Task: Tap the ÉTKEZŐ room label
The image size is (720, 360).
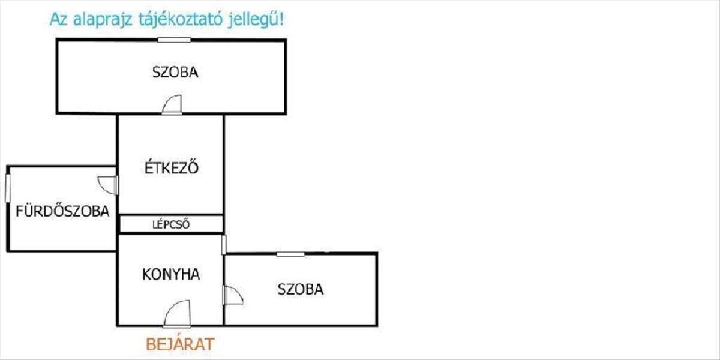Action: pos(172,168)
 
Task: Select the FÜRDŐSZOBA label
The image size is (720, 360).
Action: pos(62,211)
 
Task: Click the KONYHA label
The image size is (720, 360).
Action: pos(171,274)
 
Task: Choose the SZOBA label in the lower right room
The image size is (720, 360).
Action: pos(300,289)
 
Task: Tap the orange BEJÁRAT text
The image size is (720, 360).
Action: pos(180,344)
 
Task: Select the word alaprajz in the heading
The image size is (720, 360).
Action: pos(102,20)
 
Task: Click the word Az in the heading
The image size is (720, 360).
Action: pos(59,19)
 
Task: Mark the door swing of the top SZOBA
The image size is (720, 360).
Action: pos(172,105)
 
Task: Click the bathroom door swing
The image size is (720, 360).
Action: pos(108,185)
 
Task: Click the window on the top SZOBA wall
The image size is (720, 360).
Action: pos(175,40)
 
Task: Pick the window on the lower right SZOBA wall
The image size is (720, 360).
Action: pos(290,254)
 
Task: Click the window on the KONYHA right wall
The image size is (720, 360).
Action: pos(224,244)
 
